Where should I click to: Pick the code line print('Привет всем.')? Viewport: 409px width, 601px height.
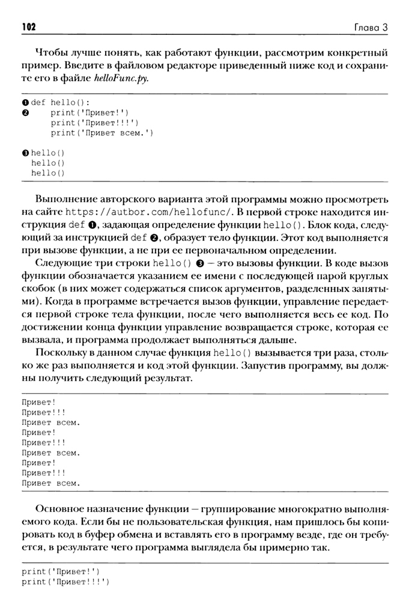[x=102, y=132]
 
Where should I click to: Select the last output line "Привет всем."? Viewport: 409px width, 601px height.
[x=50, y=482]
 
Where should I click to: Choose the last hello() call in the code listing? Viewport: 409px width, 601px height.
[x=47, y=173]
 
